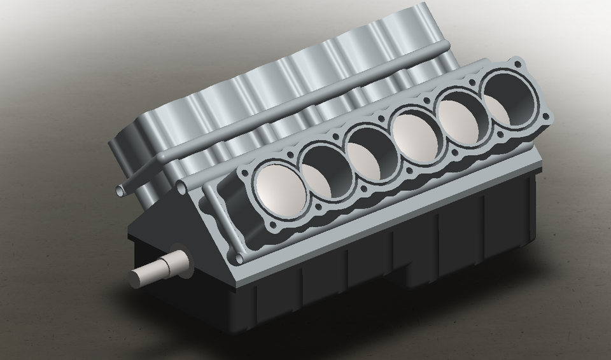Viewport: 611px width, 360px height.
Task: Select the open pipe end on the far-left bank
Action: (x=121, y=190)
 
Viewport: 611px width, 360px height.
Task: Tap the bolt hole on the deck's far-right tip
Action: (x=545, y=116)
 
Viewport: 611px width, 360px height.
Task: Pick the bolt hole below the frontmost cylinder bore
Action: (x=273, y=226)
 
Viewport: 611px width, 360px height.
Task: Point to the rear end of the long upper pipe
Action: (x=447, y=45)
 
